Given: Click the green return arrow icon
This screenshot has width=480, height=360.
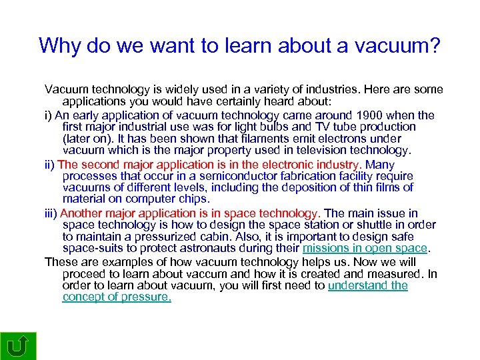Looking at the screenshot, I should [18, 345].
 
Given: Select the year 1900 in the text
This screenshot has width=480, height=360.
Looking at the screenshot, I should [369, 115].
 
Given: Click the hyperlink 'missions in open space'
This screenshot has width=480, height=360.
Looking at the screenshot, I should [364, 248].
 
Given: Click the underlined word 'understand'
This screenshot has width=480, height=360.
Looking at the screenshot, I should [359, 285].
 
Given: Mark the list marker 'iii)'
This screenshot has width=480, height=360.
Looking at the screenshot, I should [51, 213].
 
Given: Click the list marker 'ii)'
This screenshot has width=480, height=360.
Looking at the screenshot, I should [50, 165].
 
